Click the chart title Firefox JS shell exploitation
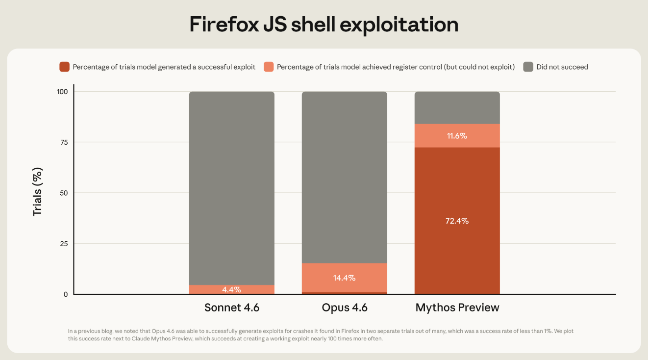coord(324,25)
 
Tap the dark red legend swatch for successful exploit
coord(64,67)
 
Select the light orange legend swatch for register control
coord(268,67)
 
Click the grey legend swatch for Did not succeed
coord(528,67)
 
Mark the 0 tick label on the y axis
coord(65,294)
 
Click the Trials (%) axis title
coord(38,192)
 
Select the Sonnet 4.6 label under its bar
coord(232,308)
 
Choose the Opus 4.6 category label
coord(345,308)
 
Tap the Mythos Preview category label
coord(457,308)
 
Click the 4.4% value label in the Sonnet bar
coord(232,290)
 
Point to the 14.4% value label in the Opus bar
coord(345,278)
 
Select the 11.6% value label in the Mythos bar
coord(457,136)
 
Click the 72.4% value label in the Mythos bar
coord(457,221)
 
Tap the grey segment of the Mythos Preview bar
coord(457,107)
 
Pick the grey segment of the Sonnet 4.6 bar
coord(232,186)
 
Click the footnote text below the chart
coord(321,335)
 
